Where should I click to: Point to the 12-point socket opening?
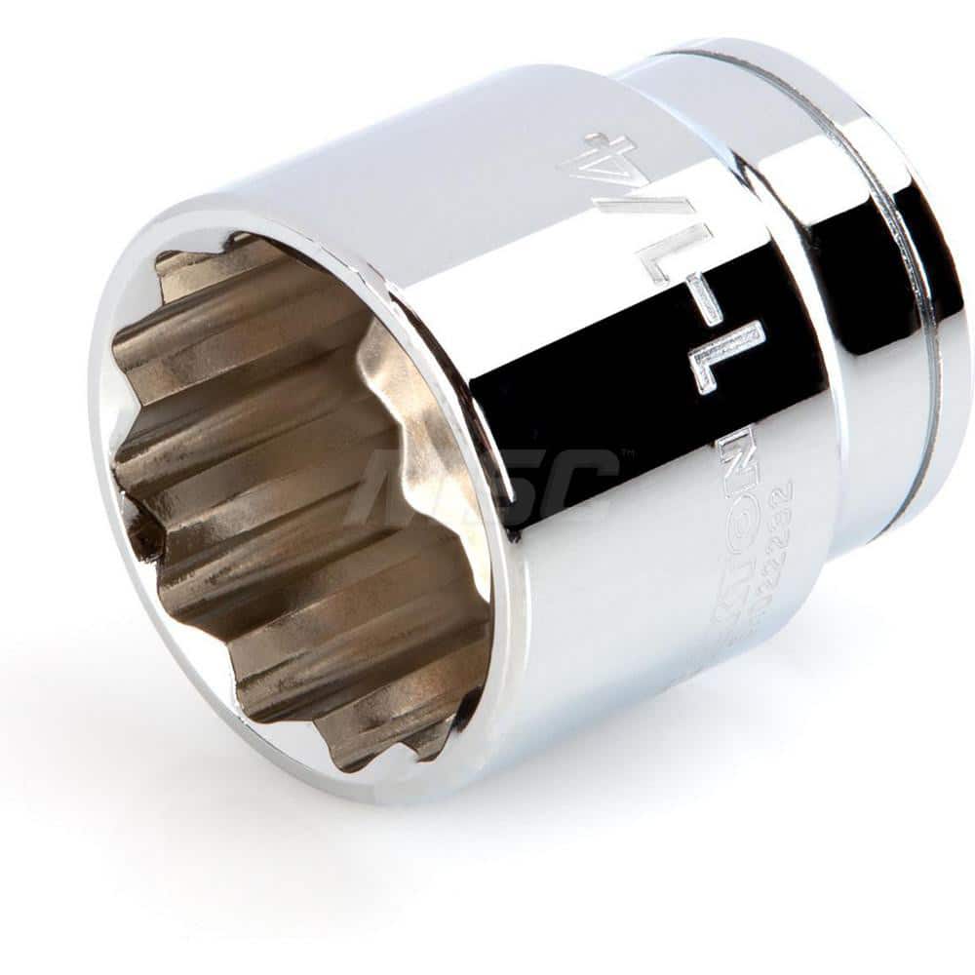[302, 497]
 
